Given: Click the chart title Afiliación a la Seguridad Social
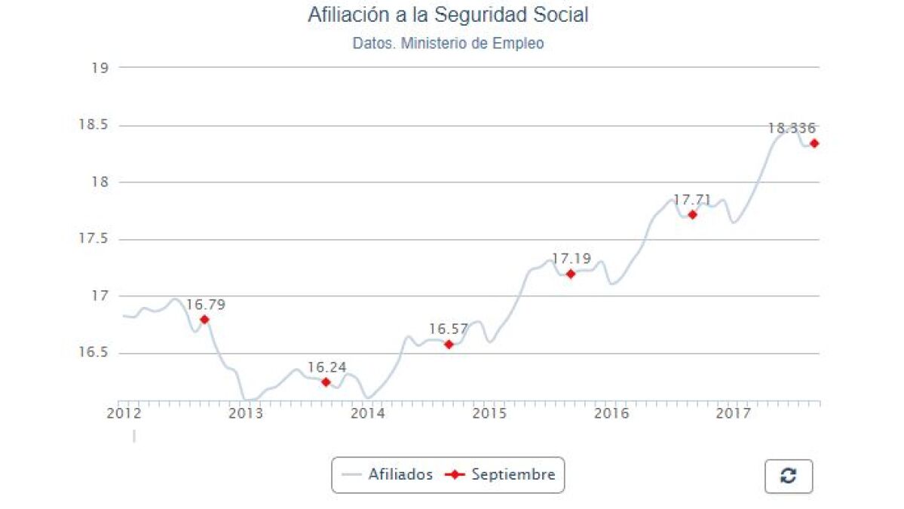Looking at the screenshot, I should pos(448,15).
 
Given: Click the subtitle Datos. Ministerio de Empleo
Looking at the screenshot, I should pos(448,44).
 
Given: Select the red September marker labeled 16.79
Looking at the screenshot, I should pos(204,320).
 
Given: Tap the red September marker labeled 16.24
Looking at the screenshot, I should pos(326,382).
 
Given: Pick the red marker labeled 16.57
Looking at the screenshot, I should pos(449,345).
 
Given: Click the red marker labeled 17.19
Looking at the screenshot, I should pos(571,274).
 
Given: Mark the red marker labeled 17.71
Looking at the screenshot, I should pos(692,215).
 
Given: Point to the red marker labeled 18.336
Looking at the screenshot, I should pos(814,143).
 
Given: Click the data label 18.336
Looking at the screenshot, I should pos(792,128).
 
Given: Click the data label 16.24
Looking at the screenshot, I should pos(326,368).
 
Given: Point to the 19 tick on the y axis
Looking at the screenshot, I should pos(100,68).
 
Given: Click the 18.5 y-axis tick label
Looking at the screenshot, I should pos(93,125).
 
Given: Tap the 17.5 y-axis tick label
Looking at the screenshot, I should pos(93,239).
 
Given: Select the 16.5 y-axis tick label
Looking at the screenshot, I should pos(93,353).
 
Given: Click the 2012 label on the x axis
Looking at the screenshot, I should pos(124,413).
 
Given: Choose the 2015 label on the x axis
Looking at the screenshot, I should pos(489,413).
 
